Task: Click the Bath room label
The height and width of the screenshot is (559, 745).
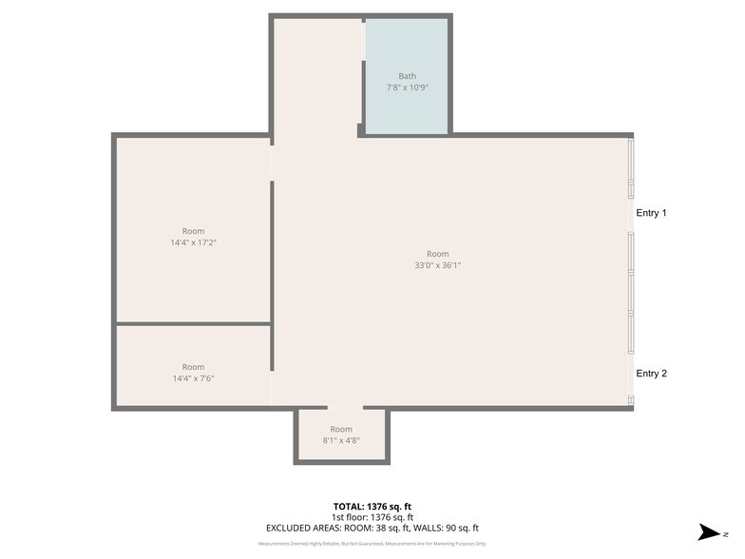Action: pos(407,76)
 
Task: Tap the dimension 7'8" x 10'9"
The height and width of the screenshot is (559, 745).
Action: pos(407,87)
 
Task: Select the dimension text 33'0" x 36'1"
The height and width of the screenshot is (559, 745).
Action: pos(437,265)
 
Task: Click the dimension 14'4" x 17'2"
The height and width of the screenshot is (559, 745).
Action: pos(193,242)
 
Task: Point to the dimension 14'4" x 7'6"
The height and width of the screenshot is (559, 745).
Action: pos(193,378)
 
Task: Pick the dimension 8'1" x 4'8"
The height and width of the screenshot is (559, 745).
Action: pos(341,441)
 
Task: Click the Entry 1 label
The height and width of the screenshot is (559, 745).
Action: pos(651,213)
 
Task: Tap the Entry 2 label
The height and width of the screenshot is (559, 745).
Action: pos(651,374)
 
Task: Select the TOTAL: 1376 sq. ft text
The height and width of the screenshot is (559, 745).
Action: pos(372,507)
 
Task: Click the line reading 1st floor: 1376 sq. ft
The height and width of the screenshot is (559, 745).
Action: pos(372,517)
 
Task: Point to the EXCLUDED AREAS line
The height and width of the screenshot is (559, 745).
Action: pos(372,528)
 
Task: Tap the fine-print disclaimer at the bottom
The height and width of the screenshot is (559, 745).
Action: pos(372,544)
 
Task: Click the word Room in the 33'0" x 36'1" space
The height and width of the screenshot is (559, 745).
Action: pos(437,254)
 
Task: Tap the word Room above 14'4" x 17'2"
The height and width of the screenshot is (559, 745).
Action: pos(193,231)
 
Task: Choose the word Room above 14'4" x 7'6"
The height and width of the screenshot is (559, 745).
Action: pos(193,367)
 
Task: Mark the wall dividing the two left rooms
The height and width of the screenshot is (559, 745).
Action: pos(193,324)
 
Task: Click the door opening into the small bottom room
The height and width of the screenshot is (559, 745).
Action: pos(344,408)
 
